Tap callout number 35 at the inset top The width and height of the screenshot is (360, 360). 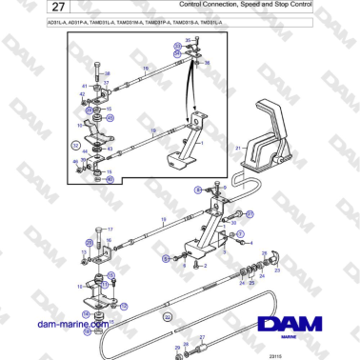[187, 40]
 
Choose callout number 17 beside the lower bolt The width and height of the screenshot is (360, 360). [110, 230]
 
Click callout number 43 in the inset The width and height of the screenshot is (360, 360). [111, 150]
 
